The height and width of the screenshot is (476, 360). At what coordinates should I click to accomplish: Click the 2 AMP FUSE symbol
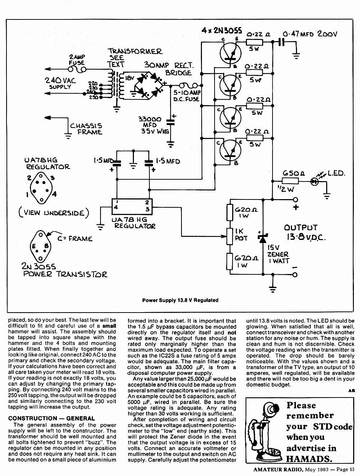point(77,69)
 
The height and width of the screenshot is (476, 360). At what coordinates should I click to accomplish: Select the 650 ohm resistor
point(290,181)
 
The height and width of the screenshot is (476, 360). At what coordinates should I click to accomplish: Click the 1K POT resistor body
point(230,236)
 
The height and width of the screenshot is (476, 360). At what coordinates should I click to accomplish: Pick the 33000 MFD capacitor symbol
point(170,122)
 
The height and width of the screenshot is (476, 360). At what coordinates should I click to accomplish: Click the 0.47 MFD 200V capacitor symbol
point(281,42)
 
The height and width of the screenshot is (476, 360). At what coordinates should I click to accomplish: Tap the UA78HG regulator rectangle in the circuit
point(132,206)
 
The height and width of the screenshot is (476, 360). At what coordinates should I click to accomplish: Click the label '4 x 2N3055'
point(221,31)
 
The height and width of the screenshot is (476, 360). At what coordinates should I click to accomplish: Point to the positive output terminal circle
point(296,199)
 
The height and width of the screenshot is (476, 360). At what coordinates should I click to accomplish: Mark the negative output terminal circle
point(295,275)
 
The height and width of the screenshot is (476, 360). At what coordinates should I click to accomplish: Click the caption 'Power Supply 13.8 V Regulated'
point(180,300)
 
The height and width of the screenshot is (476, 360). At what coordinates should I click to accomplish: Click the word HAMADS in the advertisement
point(309,459)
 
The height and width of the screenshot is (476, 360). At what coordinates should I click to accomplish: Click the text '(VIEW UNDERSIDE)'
point(54,212)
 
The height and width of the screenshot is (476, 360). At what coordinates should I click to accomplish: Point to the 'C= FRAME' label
point(75,239)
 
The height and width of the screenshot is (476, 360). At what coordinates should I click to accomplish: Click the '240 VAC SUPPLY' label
point(60,83)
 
